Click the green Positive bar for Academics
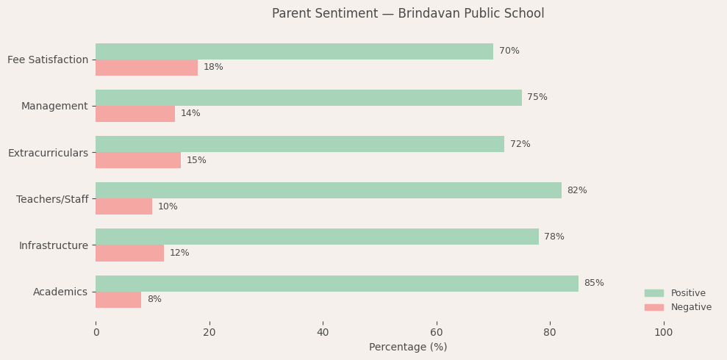[x=337, y=284]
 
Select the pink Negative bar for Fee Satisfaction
[x=146, y=68]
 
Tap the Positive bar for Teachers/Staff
[x=328, y=190]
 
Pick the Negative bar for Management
[x=135, y=114]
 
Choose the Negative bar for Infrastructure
[x=129, y=253]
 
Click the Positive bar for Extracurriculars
[x=300, y=144]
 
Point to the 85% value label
[x=594, y=284]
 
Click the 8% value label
[x=154, y=300]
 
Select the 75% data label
[x=537, y=98]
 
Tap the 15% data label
[x=196, y=160]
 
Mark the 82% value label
[x=577, y=190]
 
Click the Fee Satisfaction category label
[x=48, y=60]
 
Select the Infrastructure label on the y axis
[x=54, y=245]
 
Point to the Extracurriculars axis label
[x=48, y=153]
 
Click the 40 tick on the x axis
[x=323, y=333]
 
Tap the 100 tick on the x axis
[x=663, y=333]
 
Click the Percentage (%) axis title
[x=408, y=348]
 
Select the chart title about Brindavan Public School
[x=408, y=14]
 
